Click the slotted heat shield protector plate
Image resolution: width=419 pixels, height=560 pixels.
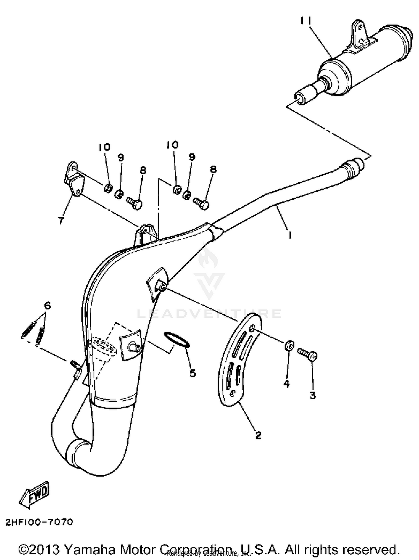click(240, 360)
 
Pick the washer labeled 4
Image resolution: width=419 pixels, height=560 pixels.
click(289, 346)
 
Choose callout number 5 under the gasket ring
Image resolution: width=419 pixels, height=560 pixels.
click(193, 373)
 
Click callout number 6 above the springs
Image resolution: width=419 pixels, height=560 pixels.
click(47, 306)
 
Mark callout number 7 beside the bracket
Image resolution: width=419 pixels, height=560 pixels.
click(61, 220)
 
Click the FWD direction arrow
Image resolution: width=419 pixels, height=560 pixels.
click(35, 498)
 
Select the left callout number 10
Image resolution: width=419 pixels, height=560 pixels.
click(104, 147)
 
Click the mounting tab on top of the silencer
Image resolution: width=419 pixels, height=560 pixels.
click(359, 33)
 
